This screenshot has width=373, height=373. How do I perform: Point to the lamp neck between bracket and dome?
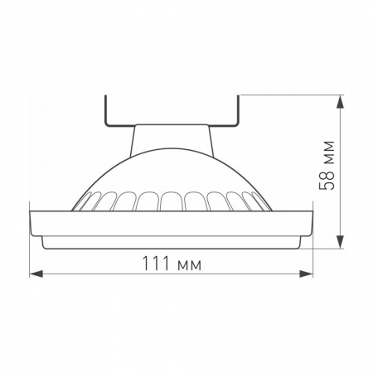172,138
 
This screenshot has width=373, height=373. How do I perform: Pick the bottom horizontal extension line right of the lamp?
323,246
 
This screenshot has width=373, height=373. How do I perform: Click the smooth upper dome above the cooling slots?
172,170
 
